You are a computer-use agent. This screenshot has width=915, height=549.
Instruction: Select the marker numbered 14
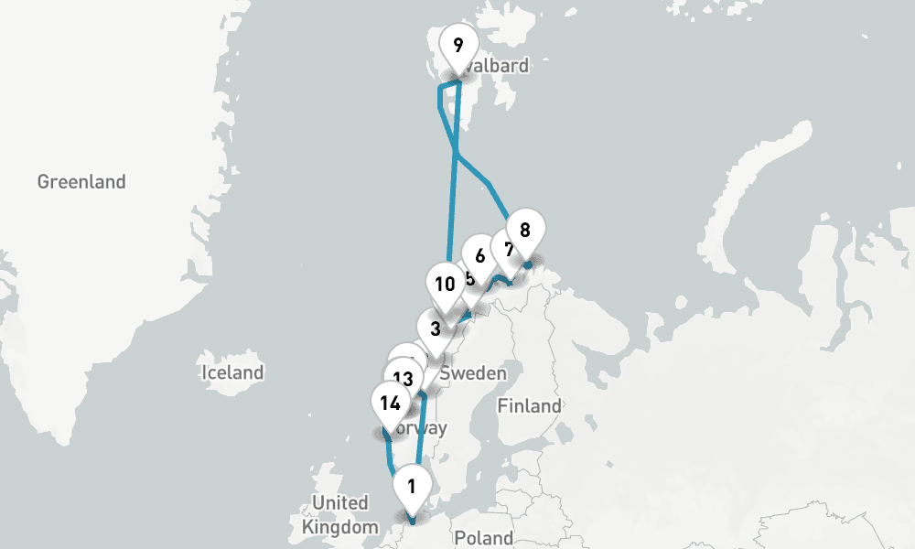390,403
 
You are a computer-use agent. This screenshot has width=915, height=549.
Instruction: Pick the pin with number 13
404,378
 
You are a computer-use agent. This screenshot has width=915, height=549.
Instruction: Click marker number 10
445,284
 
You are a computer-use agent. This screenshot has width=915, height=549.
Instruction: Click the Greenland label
81,182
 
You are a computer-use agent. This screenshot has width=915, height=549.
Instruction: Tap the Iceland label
232,372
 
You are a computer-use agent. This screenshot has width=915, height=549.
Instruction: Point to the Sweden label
473,373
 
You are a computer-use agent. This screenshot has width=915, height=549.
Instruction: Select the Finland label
530,405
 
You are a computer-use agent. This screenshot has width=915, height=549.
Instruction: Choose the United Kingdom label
339,515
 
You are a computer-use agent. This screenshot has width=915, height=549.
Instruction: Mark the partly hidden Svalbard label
499,67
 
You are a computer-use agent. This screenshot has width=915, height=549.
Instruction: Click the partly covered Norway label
425,427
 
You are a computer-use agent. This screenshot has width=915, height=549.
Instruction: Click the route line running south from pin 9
452,201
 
